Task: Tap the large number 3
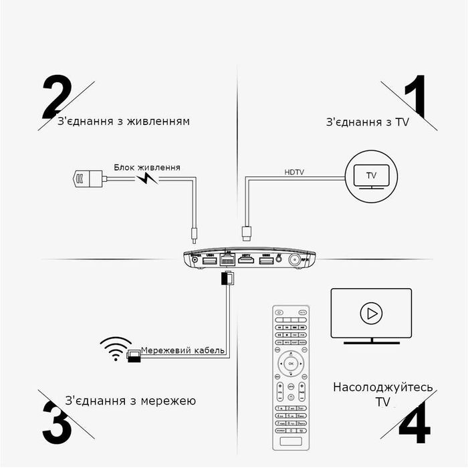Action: coord(57,421)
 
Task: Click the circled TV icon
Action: coord(370,177)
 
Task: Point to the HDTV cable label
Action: coord(294,172)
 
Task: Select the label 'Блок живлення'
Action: coord(146,167)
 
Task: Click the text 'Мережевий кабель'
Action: coord(183,350)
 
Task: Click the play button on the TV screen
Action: coord(370,312)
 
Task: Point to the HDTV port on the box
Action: coord(245,261)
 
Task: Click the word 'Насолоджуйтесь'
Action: coord(382,388)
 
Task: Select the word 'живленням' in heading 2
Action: coord(160,121)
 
